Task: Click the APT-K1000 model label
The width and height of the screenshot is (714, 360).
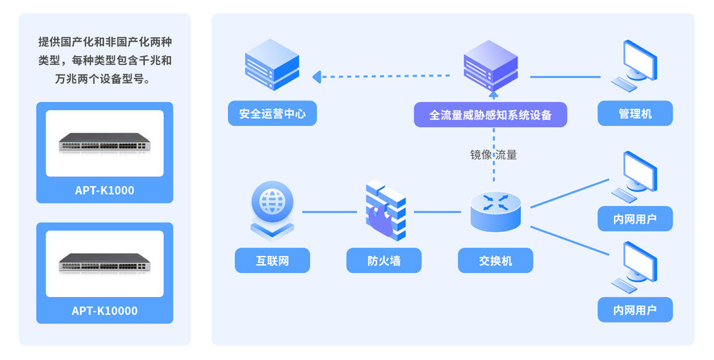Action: (x=104, y=190)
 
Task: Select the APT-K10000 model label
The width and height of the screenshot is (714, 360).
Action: (x=104, y=311)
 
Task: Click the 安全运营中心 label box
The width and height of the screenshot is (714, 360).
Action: (x=272, y=114)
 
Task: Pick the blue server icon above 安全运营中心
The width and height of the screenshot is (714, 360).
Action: (x=272, y=65)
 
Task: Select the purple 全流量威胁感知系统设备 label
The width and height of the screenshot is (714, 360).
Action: (x=490, y=115)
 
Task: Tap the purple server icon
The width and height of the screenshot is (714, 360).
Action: (x=490, y=65)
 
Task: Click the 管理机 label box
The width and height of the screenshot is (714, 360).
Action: (x=635, y=114)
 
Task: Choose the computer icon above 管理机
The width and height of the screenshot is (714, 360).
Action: (x=637, y=65)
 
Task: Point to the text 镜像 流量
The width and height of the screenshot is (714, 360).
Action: (x=493, y=155)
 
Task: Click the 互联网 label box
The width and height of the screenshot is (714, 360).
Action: (x=272, y=261)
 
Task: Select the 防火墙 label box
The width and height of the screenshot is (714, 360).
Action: (x=383, y=261)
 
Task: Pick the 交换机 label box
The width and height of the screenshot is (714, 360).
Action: (x=495, y=261)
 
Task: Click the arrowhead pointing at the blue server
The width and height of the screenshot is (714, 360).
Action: (x=317, y=77)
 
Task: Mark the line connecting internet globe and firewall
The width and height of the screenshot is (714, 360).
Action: (x=329, y=212)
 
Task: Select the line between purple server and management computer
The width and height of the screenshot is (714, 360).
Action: (x=565, y=77)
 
